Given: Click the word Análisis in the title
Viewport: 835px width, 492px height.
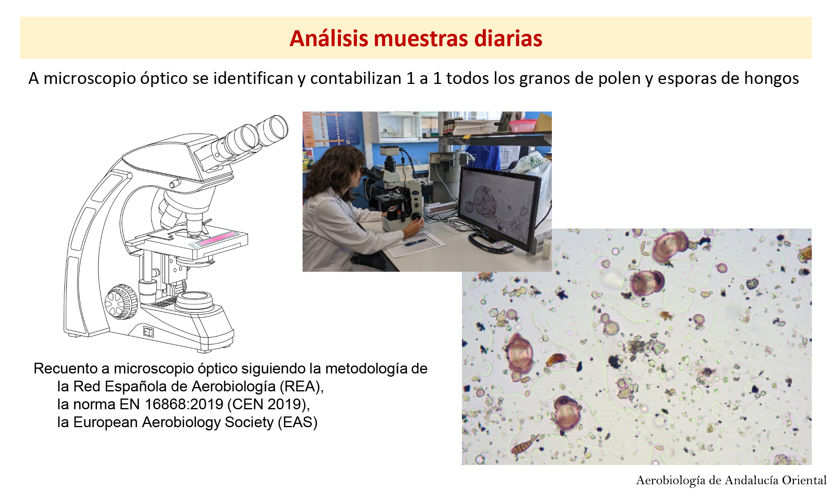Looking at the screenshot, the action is (x=329, y=39).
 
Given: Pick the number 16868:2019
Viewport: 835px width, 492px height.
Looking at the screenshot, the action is (x=184, y=404).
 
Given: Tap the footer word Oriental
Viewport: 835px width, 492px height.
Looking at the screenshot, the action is (x=804, y=480).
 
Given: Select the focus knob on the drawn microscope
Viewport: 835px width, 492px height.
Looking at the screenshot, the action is (x=121, y=302).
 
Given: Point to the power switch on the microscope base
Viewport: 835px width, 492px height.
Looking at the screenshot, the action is (x=148, y=331).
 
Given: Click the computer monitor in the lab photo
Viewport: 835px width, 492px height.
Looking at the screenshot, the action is (x=500, y=208).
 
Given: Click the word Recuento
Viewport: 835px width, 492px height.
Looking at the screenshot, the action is (x=65, y=368).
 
